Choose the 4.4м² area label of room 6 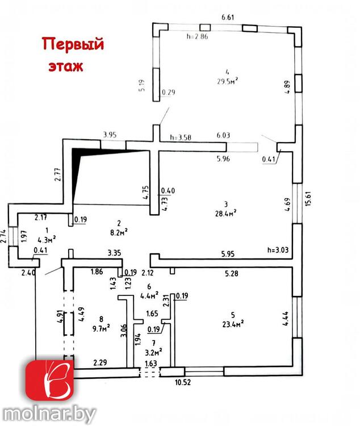[x=149, y=295]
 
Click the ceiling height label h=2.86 [x=196, y=36]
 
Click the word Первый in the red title [x=74, y=44]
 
